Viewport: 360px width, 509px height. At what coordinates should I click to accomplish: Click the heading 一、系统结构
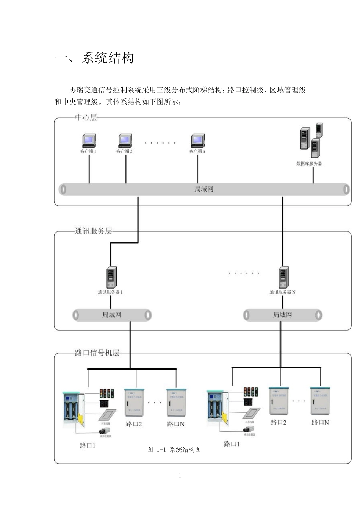(94, 58)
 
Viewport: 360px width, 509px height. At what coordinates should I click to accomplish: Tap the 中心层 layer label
(86, 117)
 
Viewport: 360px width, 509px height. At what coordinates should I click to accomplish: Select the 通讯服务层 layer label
(93, 231)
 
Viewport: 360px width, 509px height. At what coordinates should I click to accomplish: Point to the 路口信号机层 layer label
(97, 353)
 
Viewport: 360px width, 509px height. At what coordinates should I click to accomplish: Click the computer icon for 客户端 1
(89, 141)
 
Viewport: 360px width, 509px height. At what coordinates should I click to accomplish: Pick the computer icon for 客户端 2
(125, 141)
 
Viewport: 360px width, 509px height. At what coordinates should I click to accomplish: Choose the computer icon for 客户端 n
(197, 141)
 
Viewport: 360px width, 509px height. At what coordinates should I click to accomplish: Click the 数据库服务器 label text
(309, 164)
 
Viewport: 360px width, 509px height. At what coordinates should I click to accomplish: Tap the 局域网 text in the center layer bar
(204, 189)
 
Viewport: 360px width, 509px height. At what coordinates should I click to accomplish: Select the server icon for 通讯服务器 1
(111, 278)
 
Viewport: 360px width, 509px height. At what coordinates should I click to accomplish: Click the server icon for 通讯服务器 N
(283, 278)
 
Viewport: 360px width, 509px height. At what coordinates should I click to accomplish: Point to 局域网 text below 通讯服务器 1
(112, 315)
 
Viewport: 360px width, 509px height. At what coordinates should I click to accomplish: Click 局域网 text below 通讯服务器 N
(283, 315)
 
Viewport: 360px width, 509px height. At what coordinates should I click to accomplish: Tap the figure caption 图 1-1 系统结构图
(174, 450)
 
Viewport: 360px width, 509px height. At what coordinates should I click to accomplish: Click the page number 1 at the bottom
(180, 476)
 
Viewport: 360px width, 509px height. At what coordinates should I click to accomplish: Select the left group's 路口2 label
(134, 424)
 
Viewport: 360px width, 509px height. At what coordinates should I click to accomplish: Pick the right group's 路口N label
(320, 422)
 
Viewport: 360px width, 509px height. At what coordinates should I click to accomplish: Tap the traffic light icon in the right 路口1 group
(250, 392)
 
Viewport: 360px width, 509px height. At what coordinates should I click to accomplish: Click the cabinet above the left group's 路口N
(176, 403)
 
